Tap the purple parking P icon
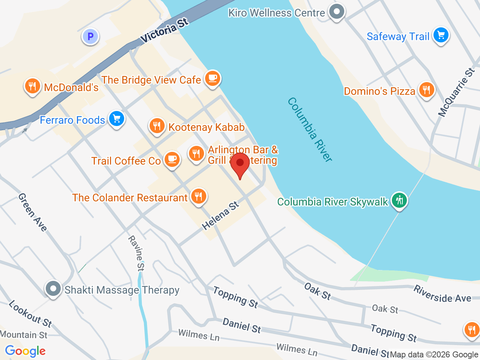[x=90, y=37]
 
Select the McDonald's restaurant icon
[x=33, y=86]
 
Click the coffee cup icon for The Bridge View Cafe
[x=213, y=78]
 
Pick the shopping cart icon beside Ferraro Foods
[x=117, y=119]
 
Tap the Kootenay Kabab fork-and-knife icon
[x=157, y=126]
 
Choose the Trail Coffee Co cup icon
[x=172, y=159]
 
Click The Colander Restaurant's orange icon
[x=198, y=196]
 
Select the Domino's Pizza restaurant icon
[x=426, y=90]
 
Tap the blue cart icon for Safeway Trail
[x=441, y=36]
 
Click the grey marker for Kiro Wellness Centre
[x=336, y=12]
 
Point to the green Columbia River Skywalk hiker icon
[x=399, y=200]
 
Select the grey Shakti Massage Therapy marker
[x=53, y=289]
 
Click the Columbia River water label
[x=310, y=130]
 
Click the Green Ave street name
[x=33, y=212]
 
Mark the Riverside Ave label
[x=442, y=294]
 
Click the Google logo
[x=25, y=351]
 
